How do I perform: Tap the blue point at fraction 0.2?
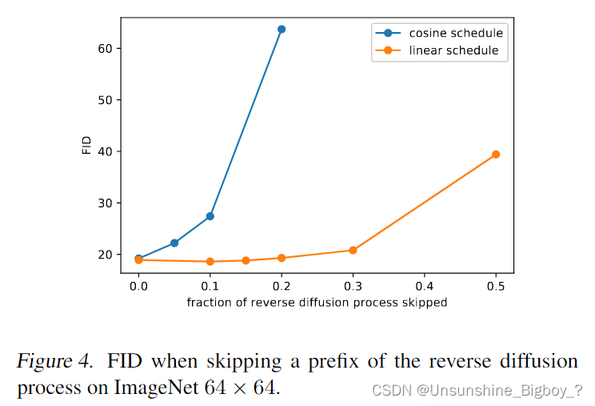[282, 30]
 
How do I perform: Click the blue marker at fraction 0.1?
[210, 216]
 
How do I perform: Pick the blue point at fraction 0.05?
[174, 243]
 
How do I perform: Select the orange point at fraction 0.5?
[496, 155]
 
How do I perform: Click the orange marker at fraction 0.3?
[353, 250]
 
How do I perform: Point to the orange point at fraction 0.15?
[246, 260]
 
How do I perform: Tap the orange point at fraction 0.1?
[210, 262]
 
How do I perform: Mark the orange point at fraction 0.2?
[282, 258]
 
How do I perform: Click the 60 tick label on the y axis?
[104, 49]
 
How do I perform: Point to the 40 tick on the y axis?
[104, 151]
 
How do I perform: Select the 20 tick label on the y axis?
[104, 255]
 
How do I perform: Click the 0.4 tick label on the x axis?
[424, 286]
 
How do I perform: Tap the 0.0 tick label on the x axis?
[138, 286]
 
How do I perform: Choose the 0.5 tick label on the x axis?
[496, 286]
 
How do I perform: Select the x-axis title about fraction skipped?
[317, 303]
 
